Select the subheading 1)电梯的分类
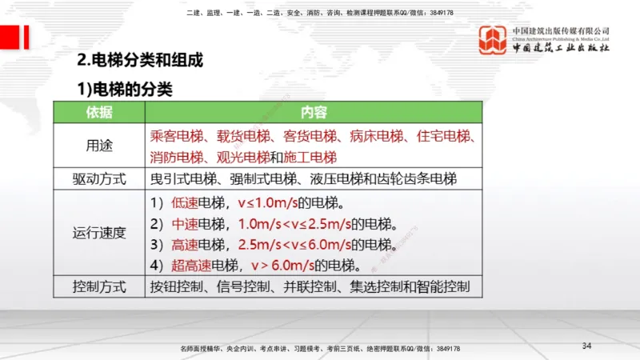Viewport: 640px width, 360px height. tap(124, 87)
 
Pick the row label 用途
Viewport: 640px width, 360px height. tap(99, 146)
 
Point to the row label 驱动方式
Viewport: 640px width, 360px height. tap(99, 178)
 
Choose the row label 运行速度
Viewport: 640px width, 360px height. tap(99, 233)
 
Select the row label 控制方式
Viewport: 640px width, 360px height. tap(99, 286)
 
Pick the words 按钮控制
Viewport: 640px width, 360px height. tap(177, 286)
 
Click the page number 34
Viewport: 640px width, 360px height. tap(586, 346)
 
